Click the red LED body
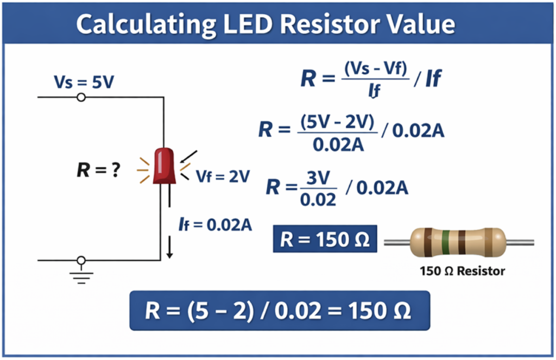(163, 165)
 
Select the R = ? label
(98, 170)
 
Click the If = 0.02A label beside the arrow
(216, 224)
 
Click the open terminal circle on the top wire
(81, 97)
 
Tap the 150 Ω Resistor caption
(462, 270)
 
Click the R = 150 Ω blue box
(325, 239)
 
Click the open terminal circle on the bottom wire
(81, 260)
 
